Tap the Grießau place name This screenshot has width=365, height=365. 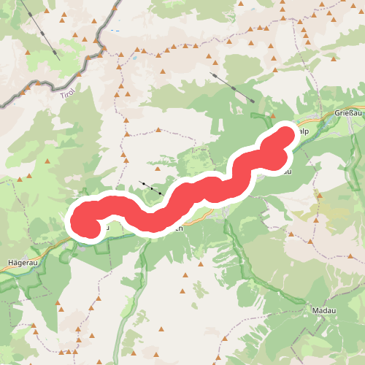point(348,115)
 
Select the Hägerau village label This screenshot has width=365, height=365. point(20,261)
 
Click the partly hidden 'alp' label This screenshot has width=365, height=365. point(304,131)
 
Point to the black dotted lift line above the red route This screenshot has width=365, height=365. point(152,188)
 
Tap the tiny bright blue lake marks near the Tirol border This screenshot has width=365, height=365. point(117,31)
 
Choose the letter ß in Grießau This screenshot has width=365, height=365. point(349,115)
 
